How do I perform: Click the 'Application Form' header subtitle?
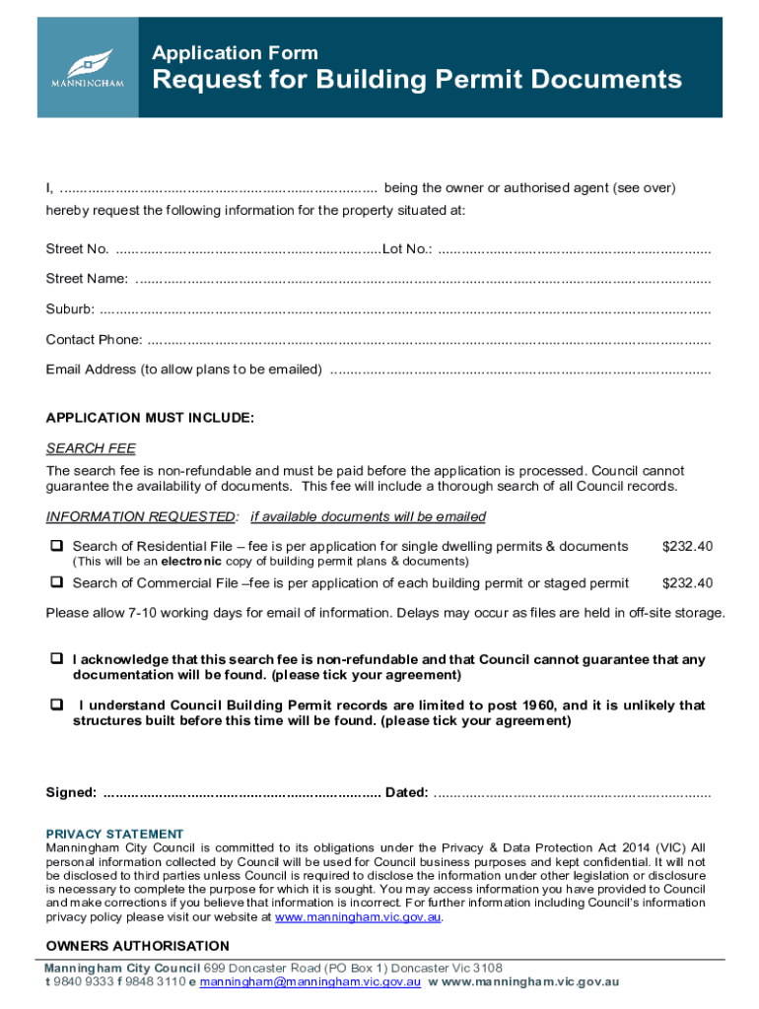[235, 53]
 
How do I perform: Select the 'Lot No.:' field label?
[406, 249]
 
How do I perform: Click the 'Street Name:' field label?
[87, 280]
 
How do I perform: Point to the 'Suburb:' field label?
[70, 310]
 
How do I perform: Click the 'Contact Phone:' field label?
[94, 341]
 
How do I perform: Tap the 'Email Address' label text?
[183, 370]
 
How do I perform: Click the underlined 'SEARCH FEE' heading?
[91, 449]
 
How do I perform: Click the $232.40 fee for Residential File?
[687, 547]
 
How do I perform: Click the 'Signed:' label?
[71, 793]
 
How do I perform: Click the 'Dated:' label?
[406, 793]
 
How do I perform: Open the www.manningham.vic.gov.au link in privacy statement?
[358, 917]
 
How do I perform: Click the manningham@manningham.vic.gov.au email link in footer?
[310, 982]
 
